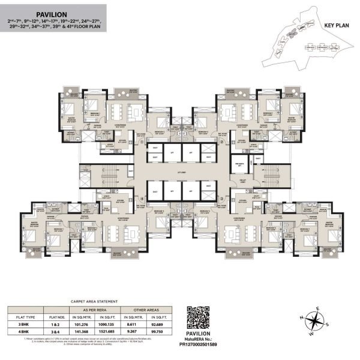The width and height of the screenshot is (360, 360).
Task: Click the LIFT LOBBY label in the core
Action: [x=178, y=174]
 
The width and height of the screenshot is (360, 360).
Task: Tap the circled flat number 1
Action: [x=142, y=142]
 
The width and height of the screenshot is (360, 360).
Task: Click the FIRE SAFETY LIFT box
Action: [x=239, y=169]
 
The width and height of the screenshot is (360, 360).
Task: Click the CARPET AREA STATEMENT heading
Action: [x=67, y=302]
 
